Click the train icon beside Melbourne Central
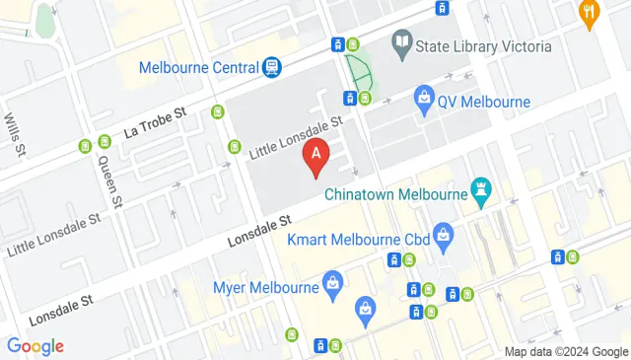[x=270, y=67]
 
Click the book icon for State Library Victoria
[x=401, y=41]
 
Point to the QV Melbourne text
[x=485, y=102]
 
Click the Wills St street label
[x=15, y=135]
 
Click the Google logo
[x=35, y=346]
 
